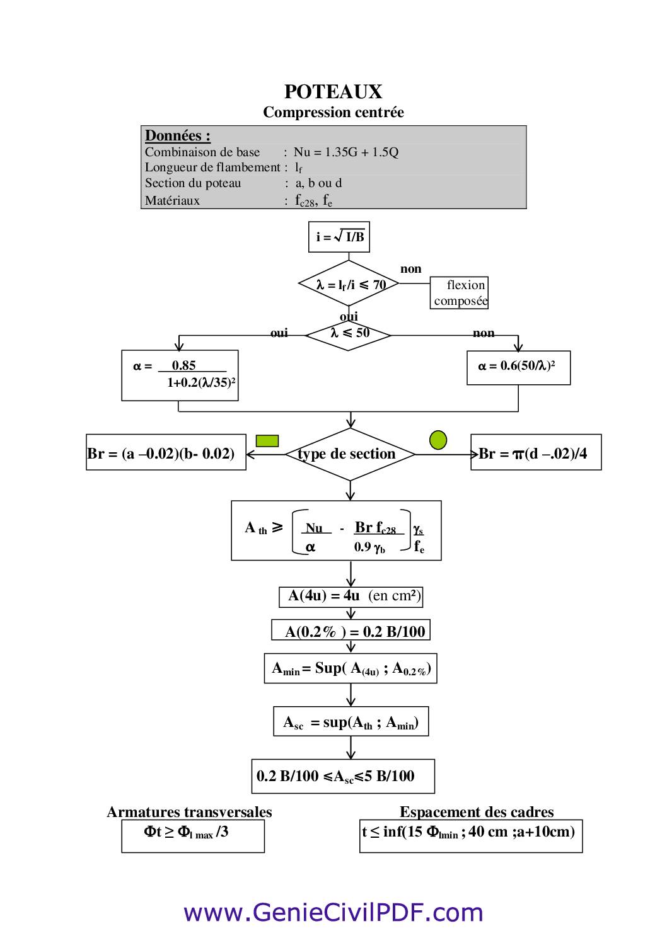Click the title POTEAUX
tap(333, 92)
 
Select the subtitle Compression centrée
tap(333, 113)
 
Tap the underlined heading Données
tap(177, 135)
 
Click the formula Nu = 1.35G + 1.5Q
tap(346, 152)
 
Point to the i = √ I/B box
tap(339, 237)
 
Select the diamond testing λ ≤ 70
tap(349, 284)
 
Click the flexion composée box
tap(460, 293)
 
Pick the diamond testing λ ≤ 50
tap(349, 334)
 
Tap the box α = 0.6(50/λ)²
tap(518, 367)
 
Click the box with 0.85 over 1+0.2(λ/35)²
tap(180, 375)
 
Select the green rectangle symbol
tap(267, 440)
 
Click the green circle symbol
tap(438, 440)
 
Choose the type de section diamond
tap(349, 454)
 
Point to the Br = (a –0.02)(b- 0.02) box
tap(166, 452)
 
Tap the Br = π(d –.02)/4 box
tap(536, 452)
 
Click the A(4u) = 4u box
tap(351, 597)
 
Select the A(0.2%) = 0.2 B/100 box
tap(351, 631)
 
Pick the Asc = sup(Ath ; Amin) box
tap(351, 722)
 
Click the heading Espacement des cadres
tap(476, 812)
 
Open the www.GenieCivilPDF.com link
tap(333, 912)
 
